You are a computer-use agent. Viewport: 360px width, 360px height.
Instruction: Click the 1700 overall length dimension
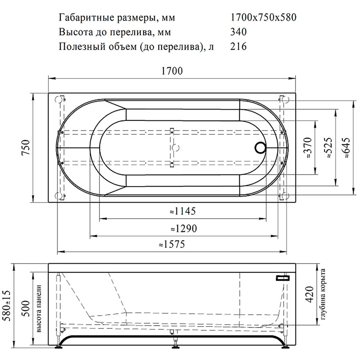coord(172,71)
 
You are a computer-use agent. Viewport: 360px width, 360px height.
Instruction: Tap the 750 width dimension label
coord(26,147)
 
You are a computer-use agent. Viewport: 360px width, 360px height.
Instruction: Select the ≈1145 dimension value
coord(183,211)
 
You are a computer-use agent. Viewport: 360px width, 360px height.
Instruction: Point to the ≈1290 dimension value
coord(184,228)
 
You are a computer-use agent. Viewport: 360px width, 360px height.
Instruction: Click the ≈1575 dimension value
coord(172,244)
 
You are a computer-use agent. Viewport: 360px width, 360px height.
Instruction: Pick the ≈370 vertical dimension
coord(308,147)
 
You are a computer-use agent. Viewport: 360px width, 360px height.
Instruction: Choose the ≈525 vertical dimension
coord(328,147)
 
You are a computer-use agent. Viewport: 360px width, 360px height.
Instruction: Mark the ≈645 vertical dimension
coord(346,147)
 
